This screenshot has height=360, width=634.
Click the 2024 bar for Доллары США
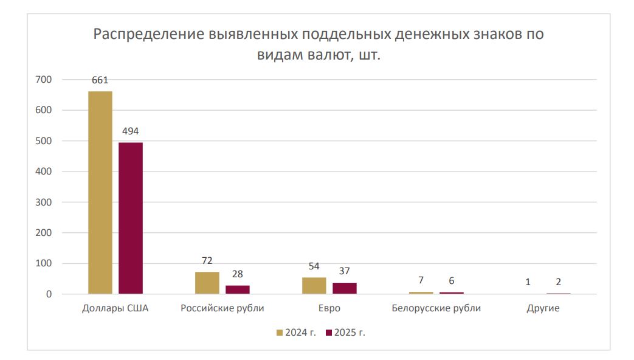tap(100, 193)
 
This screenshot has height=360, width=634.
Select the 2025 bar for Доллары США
tap(131, 218)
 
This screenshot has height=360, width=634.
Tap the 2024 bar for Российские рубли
tap(207, 283)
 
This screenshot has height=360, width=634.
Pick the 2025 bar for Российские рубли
tap(238, 289)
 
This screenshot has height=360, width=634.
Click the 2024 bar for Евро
tap(314, 286)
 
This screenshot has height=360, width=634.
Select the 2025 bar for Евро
tap(345, 288)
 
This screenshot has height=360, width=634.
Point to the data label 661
tap(100, 80)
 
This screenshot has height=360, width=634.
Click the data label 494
tap(131, 131)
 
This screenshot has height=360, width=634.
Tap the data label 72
tap(207, 260)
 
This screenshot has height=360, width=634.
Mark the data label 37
tap(345, 271)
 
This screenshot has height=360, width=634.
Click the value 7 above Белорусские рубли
tap(421, 282)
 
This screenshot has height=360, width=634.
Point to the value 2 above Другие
tap(559, 282)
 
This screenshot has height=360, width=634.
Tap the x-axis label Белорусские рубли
tap(436, 308)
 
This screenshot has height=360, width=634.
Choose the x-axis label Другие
tap(543, 308)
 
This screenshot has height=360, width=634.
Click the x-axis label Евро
tap(329, 308)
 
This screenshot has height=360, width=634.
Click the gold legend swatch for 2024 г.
tap(280, 333)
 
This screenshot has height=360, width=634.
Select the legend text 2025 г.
tap(353, 333)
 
